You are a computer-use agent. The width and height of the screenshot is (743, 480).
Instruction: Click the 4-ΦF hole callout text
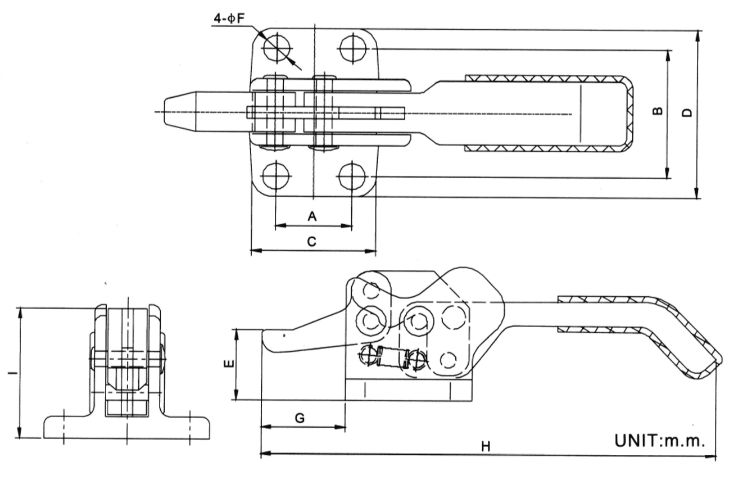point(228,18)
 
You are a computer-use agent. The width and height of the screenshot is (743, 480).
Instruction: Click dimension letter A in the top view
point(313,215)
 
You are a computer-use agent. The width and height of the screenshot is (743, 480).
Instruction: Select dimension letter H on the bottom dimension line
point(486,446)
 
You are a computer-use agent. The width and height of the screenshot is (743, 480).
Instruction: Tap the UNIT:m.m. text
point(659,440)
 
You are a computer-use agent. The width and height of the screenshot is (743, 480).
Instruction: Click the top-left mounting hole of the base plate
point(275,47)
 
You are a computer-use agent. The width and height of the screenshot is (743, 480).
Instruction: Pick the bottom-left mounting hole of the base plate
point(275,176)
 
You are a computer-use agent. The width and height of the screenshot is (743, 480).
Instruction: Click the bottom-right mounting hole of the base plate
point(352,176)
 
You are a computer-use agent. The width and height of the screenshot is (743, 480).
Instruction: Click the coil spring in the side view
point(391,357)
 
